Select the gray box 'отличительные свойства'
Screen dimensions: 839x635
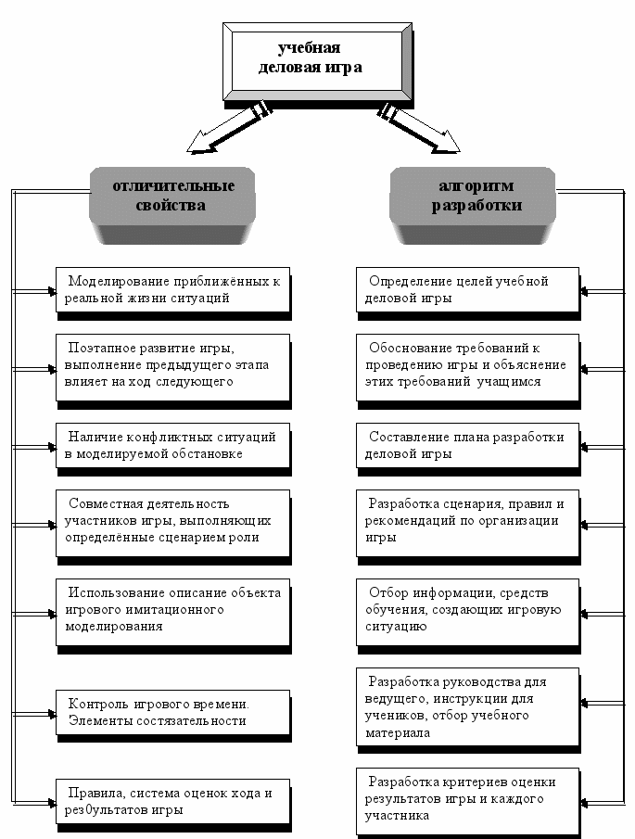point(173,196)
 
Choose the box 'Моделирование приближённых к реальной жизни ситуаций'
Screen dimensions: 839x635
point(172,289)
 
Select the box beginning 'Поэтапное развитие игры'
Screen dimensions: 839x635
point(172,365)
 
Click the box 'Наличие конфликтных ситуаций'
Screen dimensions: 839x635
point(172,445)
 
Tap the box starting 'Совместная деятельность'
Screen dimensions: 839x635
point(172,521)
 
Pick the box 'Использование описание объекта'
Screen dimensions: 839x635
point(172,609)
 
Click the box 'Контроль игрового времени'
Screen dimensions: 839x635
point(172,712)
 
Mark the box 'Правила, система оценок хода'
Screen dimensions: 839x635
point(172,800)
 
